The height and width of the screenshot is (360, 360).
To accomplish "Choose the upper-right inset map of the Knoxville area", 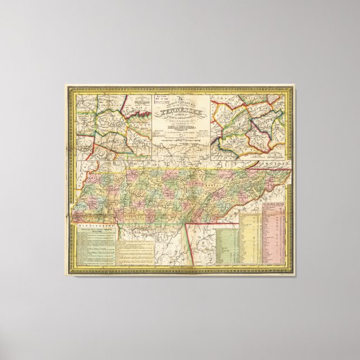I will tap(249, 126).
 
